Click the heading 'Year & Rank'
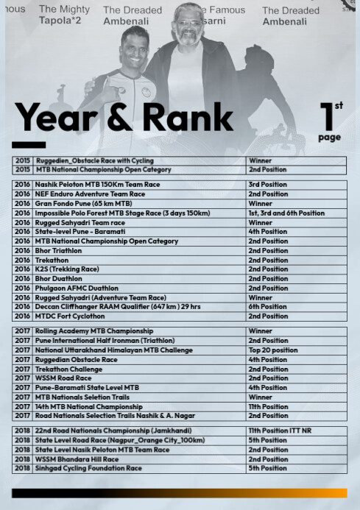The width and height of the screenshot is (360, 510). tap(124, 117)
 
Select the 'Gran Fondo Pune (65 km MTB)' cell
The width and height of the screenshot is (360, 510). tap(83, 204)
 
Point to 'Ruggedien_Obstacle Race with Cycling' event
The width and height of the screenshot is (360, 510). tap(94, 160)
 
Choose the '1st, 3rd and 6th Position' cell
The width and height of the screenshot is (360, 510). tap(286, 213)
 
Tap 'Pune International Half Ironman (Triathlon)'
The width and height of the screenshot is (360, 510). tap(105, 341)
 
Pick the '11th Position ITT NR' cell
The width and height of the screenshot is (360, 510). tap(279, 430)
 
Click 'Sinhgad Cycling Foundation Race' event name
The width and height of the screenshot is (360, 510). tap(88, 468)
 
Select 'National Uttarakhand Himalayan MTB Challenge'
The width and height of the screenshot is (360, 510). tap(113, 350)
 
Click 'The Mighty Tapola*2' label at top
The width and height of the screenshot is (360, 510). tap(64, 15)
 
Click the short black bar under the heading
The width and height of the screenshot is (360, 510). tap(29, 144)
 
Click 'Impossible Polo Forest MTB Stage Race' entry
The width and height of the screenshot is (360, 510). tap(122, 213)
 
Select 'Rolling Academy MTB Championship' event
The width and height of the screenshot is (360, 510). tap(94, 331)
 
